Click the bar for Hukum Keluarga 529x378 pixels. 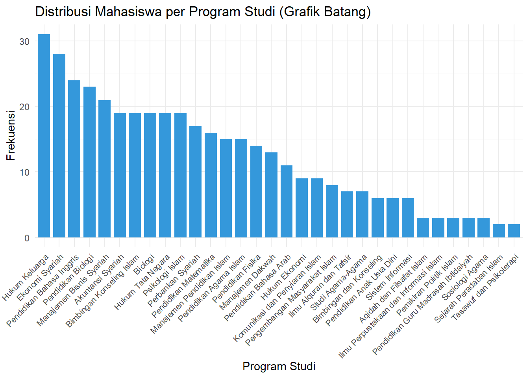(44, 136)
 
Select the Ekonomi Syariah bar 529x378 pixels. (59, 146)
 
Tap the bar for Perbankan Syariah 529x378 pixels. (196, 182)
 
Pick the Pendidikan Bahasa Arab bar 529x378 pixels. (287, 201)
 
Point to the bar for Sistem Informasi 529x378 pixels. (408, 218)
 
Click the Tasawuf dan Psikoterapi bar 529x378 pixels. (514, 231)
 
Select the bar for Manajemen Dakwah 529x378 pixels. (271, 195)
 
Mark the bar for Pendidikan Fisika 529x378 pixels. (256, 191)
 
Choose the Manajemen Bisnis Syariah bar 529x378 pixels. (104, 169)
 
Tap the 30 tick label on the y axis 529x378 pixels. (24, 41)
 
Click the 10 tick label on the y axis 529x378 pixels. (24, 172)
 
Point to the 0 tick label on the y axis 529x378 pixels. (26, 238)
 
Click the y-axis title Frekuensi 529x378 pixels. (11, 135)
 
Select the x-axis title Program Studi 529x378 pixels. (279, 366)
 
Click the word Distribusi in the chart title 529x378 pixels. (63, 12)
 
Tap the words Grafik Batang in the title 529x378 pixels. (327, 12)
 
